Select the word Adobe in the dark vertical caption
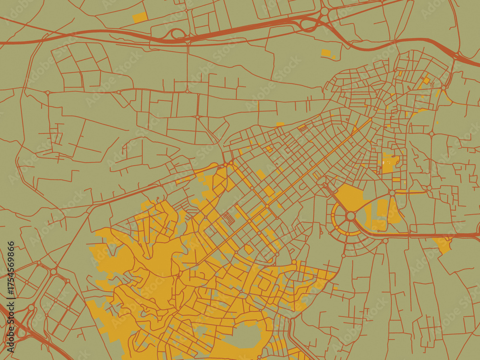[x=11, y=344]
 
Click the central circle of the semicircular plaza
[x=351, y=216]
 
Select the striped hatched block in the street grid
[x=228, y=219]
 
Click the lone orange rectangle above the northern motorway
[x=139, y=18]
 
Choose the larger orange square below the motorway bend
[x=326, y=53]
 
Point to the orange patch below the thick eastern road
[x=443, y=244]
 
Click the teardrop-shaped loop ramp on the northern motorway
[x=177, y=34]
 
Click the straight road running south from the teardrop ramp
[x=188, y=67]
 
